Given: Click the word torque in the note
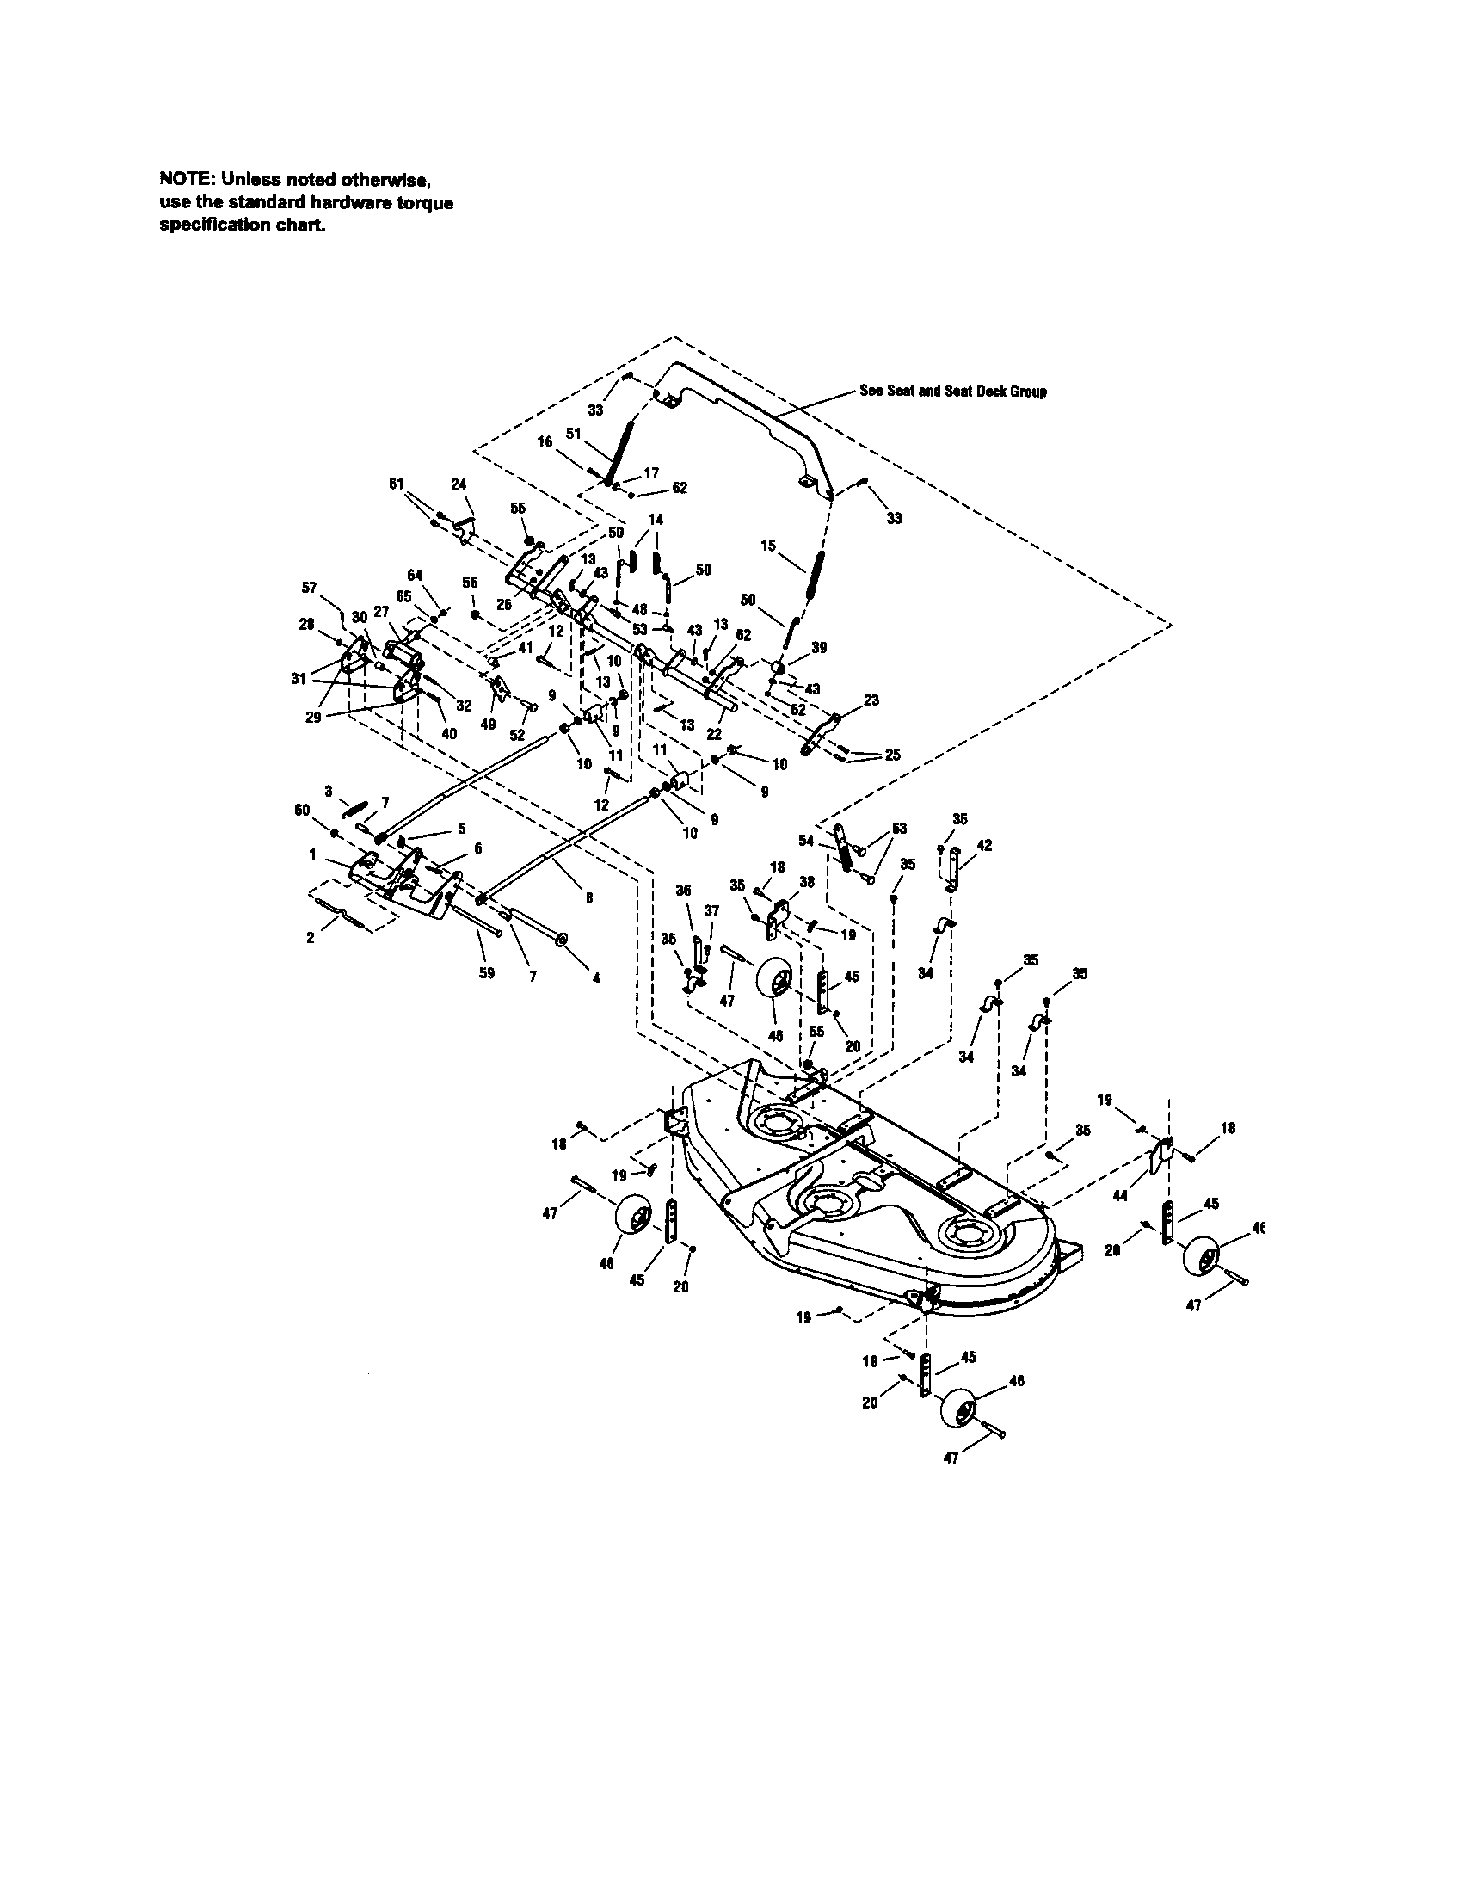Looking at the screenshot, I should click(x=422, y=202).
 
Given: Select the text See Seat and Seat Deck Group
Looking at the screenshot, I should click(x=952, y=391).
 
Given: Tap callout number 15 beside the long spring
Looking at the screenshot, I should click(x=767, y=546).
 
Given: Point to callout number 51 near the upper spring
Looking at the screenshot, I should click(x=573, y=433).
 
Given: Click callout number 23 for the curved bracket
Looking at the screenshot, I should click(x=871, y=700).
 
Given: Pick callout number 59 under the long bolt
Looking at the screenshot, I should click(x=487, y=973).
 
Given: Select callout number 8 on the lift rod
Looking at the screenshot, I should click(x=589, y=898).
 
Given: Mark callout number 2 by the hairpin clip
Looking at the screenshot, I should click(x=311, y=937).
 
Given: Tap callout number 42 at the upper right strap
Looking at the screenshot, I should click(x=984, y=845).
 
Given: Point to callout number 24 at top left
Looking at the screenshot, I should click(x=459, y=484).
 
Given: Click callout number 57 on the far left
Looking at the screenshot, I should click(x=310, y=588).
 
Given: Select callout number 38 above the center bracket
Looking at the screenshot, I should click(x=807, y=880).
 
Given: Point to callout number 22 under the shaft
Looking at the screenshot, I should click(x=714, y=734).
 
